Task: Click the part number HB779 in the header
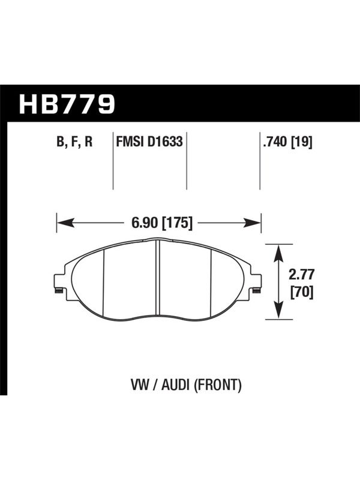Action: [x=67, y=104]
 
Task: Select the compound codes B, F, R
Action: [x=74, y=142]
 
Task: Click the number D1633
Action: [x=164, y=142]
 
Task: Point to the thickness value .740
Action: [x=275, y=142]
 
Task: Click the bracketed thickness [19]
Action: [x=301, y=142]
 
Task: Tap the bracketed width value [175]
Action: [x=177, y=223]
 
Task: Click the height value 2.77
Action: [x=301, y=275]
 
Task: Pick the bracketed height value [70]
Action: [x=302, y=292]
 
